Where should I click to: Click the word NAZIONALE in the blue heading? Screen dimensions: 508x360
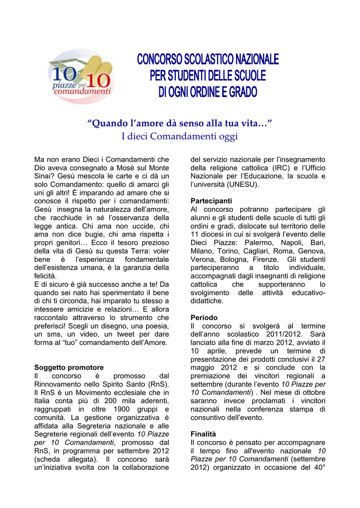coord(250,61)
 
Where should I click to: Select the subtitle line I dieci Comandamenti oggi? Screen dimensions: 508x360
coord(180,136)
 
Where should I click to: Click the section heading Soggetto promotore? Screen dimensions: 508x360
coord(69,368)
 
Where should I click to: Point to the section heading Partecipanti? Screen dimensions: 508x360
coord(211,201)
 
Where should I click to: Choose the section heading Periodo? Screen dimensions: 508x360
coord(204,317)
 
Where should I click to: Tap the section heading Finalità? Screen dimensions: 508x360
coord(204,434)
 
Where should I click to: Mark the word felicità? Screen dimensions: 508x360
coord(46,276)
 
